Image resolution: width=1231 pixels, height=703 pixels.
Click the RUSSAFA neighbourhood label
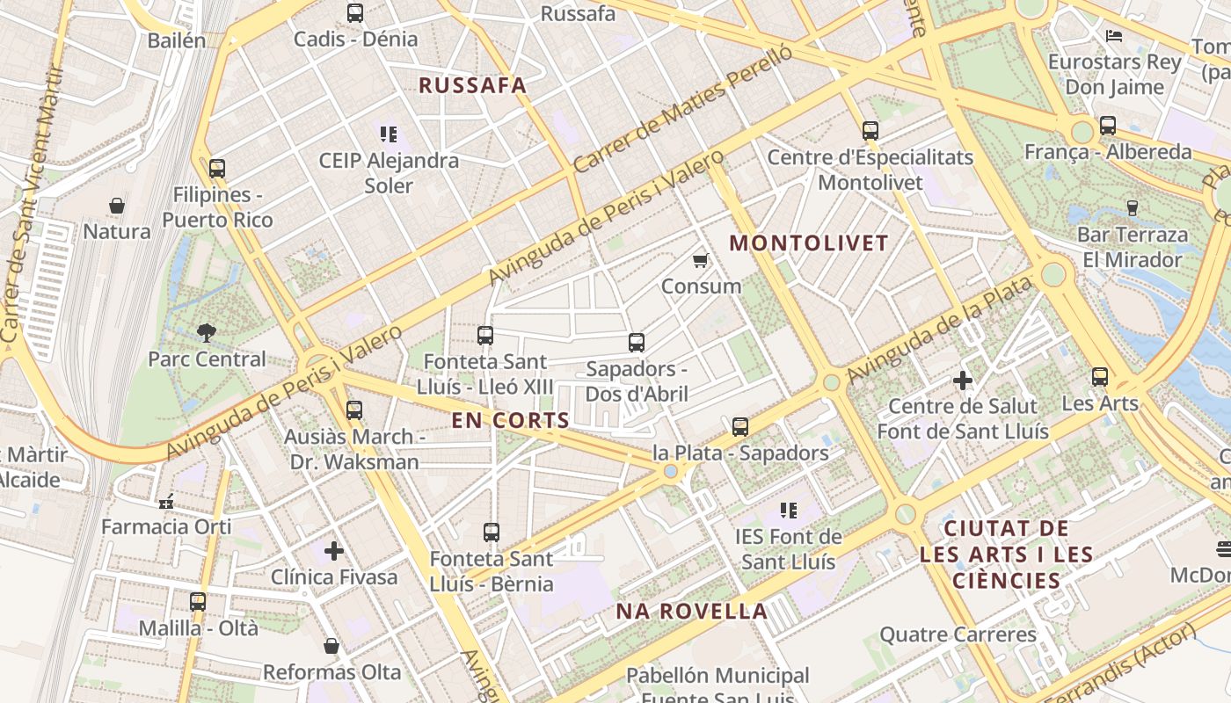coord(473,85)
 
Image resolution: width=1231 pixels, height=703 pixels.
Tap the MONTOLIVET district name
coord(810,243)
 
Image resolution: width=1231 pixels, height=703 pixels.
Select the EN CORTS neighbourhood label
coord(511,420)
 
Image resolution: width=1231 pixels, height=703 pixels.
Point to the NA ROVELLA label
coord(691,611)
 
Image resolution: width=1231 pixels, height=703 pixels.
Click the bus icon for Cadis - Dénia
coord(355,13)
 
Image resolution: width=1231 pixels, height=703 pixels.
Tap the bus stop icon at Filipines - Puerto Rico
coord(217,168)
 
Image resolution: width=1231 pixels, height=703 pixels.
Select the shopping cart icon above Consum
coord(701,260)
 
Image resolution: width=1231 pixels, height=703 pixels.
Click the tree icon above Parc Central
coord(207,332)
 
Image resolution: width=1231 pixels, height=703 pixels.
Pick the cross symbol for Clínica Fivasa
coord(334,551)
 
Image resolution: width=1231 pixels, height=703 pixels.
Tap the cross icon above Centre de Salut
coord(963,380)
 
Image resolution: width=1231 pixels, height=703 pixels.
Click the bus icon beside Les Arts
coord(1100,377)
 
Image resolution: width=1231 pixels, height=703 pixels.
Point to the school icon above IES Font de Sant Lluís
coord(789,510)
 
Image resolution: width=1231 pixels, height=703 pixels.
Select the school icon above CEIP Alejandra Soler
coord(389,134)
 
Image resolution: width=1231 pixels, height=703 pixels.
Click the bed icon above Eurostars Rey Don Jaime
coord(1114,36)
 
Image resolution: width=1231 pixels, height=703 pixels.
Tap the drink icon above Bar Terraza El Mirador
coord(1133,208)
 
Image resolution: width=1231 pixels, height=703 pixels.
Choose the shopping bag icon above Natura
coord(117,206)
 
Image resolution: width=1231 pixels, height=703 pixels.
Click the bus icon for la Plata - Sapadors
coord(740,427)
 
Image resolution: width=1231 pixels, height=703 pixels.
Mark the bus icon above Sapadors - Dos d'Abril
coord(637,343)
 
